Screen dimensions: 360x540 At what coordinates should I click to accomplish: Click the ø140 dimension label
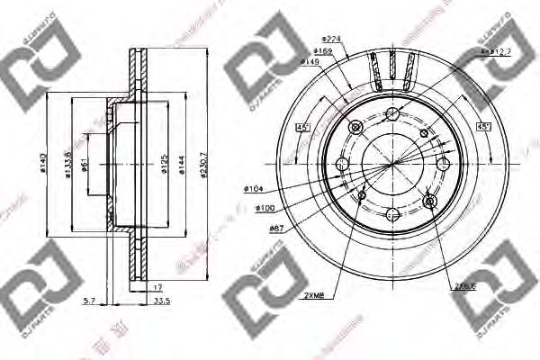click(x=42, y=164)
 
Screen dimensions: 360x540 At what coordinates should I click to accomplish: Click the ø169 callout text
click(x=325, y=50)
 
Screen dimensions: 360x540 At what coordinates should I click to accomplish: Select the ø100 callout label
click(x=264, y=209)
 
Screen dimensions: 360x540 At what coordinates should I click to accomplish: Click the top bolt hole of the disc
click(x=391, y=114)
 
